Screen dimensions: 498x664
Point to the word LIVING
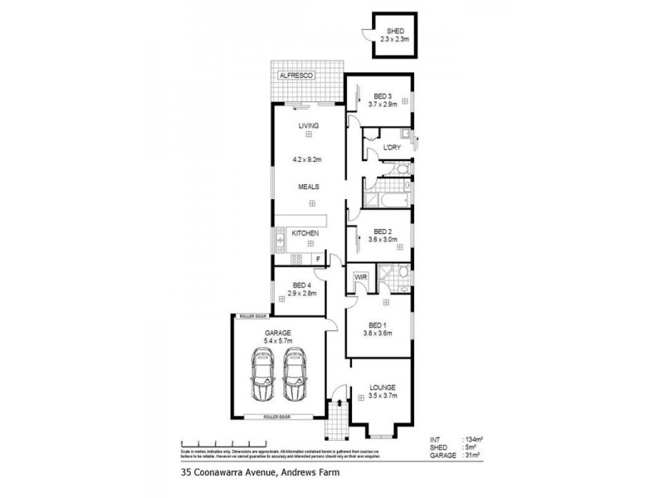pos(309,125)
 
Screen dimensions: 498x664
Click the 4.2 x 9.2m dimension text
pos(307,158)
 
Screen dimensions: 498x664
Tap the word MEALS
pos(310,188)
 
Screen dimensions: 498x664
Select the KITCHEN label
pos(305,234)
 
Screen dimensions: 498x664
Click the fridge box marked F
pos(318,260)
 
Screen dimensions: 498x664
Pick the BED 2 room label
pos(383,232)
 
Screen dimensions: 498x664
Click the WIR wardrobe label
pos(361,276)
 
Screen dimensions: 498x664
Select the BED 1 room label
pos(377,325)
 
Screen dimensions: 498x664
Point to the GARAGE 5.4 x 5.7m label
pos(279,336)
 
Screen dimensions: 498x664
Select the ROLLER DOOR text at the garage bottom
pos(279,415)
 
